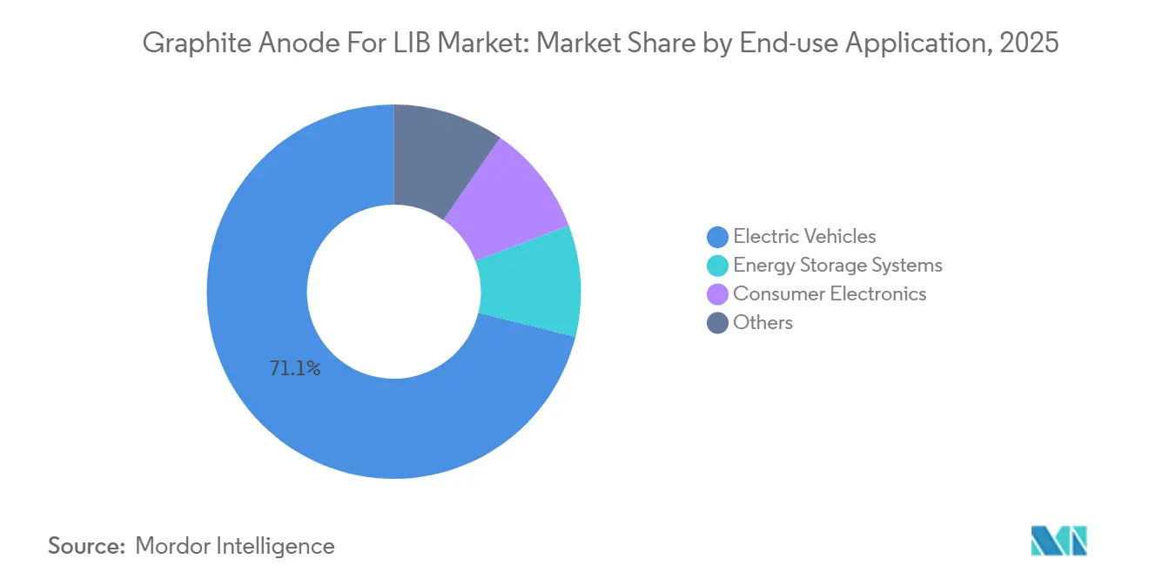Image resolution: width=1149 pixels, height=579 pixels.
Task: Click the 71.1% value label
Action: (x=295, y=369)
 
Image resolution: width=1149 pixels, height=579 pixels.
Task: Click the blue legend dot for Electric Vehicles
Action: (x=718, y=236)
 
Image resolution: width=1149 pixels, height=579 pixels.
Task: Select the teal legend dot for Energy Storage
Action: (x=718, y=265)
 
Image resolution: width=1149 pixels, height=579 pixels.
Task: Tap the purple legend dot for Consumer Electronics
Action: (x=718, y=294)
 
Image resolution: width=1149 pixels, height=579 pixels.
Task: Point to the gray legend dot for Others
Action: (x=718, y=323)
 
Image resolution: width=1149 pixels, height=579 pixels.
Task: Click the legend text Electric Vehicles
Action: (x=804, y=236)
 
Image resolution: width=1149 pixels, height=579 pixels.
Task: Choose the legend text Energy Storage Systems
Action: (x=837, y=265)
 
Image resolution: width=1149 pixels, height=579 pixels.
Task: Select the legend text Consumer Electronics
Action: (x=830, y=294)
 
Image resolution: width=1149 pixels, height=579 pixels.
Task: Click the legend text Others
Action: (x=763, y=323)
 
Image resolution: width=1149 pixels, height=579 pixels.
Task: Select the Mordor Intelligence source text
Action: (x=235, y=546)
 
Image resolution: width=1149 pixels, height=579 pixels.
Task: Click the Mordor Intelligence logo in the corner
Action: (x=1058, y=541)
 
